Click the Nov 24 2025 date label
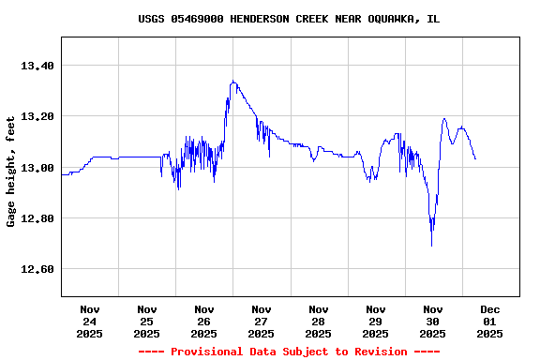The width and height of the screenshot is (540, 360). click(90, 322)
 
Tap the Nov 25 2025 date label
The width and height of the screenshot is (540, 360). click(147, 322)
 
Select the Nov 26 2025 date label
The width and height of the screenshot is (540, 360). click(204, 322)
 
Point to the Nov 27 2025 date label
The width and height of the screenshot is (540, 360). click(262, 322)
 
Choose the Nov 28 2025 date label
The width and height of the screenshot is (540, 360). click(319, 322)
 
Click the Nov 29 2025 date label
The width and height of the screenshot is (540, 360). click(376, 322)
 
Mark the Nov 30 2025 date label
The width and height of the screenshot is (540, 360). click(433, 322)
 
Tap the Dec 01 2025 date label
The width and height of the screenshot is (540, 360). click(489, 322)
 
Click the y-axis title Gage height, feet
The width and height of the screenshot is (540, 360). click(11, 172)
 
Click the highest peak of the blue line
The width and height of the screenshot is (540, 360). click(232, 82)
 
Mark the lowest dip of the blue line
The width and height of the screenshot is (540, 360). click(431, 246)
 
